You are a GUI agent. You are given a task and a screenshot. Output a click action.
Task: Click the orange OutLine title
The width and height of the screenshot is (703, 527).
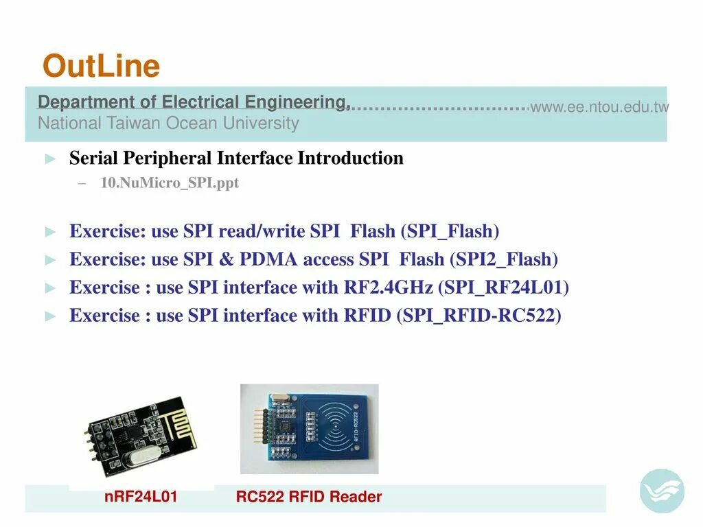101,67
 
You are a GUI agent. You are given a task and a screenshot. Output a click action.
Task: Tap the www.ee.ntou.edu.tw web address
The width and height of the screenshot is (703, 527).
599,107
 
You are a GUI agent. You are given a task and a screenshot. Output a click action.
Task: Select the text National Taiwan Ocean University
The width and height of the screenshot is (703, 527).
168,124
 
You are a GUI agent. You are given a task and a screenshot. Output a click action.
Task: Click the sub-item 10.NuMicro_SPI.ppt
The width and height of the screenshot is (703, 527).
169,183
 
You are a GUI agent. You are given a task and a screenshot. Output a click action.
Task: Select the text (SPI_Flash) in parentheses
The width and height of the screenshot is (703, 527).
453,231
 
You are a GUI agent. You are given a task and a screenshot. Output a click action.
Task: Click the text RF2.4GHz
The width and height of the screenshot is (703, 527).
388,288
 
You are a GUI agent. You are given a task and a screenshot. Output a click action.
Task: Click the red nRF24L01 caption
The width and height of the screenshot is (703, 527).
141,496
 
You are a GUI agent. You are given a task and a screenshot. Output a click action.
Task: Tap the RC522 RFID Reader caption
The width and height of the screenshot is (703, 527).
309,497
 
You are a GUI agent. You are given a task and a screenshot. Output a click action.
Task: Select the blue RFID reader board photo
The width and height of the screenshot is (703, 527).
309,429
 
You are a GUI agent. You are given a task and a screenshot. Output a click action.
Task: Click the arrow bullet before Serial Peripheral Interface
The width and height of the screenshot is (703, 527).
49,159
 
